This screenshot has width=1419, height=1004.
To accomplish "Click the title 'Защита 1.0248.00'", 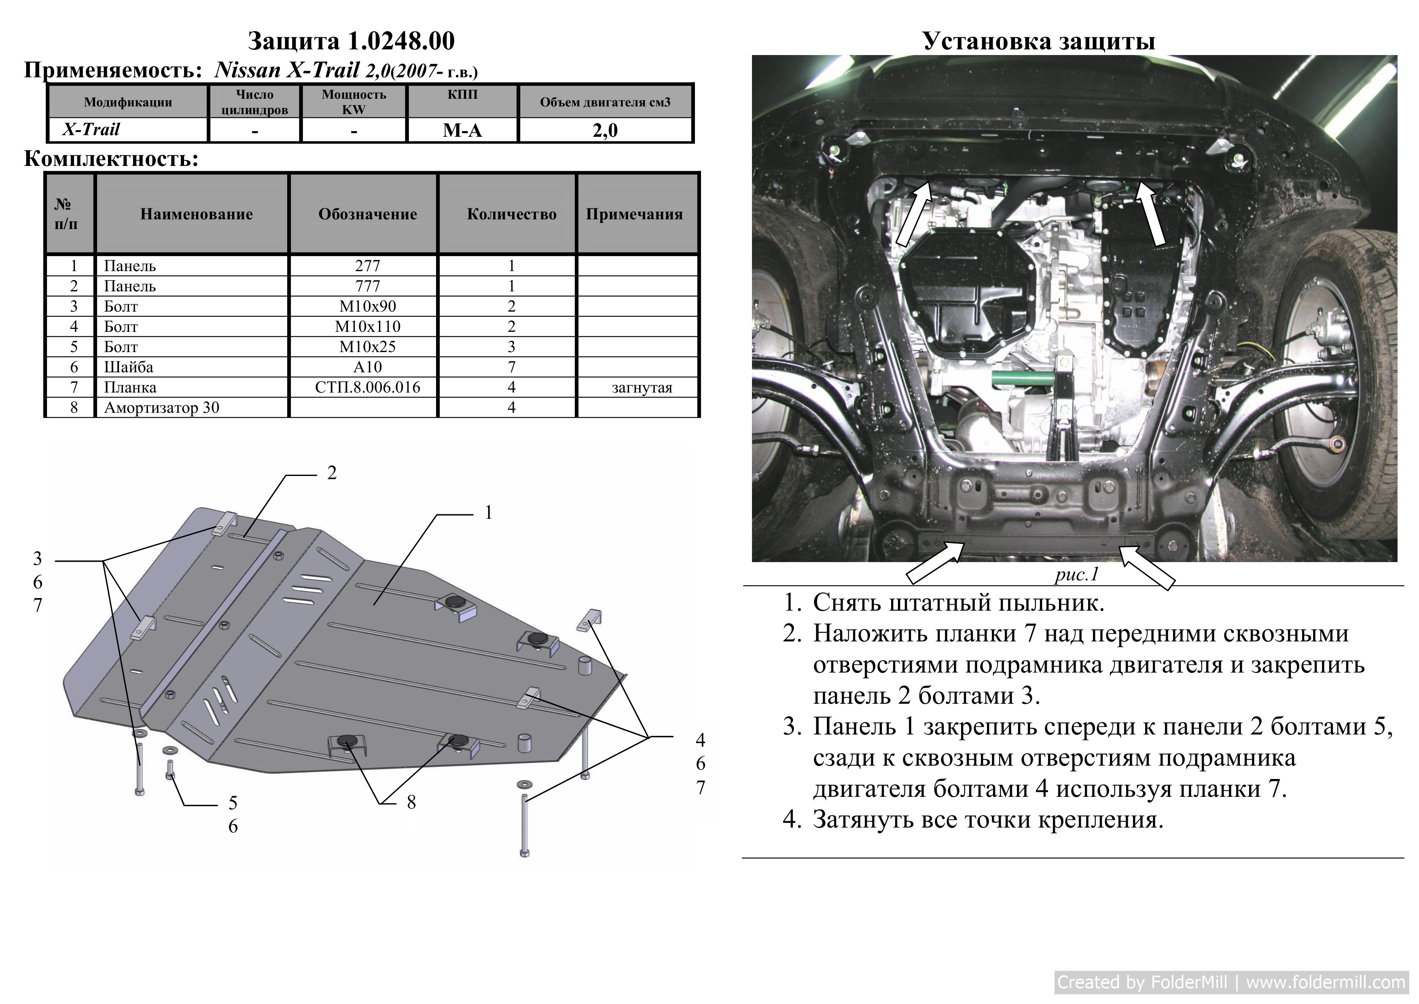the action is coord(351,41).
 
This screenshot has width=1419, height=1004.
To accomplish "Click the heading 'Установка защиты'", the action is coord(1039,41).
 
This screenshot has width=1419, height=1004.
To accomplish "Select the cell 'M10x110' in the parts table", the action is coord(368,327).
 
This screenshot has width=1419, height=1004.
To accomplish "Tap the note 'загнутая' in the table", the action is coord(642,388).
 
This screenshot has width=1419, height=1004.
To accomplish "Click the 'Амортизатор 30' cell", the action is coord(162,408).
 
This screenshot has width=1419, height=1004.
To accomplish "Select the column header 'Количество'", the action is coord(512,214).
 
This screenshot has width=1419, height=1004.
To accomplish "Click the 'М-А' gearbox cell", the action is coord(462,130).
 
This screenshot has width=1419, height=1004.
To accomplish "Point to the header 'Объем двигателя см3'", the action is coord(605,102).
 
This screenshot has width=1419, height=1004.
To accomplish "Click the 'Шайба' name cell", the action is coord(129,367).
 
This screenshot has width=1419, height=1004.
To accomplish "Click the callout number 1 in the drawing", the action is coord(488,512).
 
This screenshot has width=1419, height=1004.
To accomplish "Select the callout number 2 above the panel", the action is coord(332,473).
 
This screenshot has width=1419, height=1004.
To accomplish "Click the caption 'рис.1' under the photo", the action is coord(1077,574).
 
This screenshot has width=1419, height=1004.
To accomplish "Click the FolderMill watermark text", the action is coord(1232,983).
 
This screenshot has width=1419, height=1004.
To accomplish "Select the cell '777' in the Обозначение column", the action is coord(368,286).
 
